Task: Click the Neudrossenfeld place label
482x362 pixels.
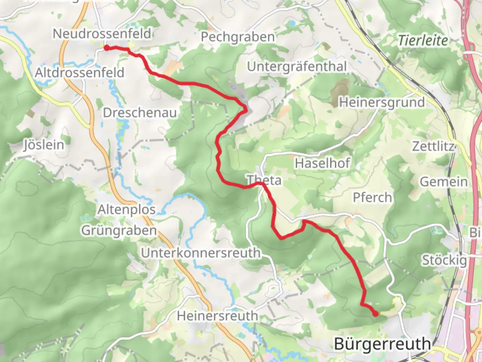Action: (x=102, y=34)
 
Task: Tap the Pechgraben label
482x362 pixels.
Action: (x=238, y=37)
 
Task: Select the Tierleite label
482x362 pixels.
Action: (x=423, y=41)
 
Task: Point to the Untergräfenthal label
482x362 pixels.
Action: (x=297, y=67)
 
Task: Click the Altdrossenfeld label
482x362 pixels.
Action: (x=79, y=72)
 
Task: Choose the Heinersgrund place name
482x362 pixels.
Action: (x=382, y=102)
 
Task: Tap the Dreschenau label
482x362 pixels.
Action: (x=140, y=113)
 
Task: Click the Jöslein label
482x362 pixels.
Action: (x=44, y=145)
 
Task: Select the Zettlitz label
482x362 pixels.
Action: (x=433, y=146)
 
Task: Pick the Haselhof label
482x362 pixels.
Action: (x=322, y=164)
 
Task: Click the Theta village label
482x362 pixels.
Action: (x=264, y=180)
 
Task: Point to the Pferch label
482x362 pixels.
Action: (x=372, y=197)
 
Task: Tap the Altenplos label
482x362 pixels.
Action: (x=127, y=210)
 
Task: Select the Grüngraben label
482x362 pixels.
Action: (x=119, y=231)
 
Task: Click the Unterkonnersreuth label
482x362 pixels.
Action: (x=200, y=253)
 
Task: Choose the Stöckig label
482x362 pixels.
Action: (x=444, y=260)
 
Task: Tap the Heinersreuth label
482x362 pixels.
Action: (x=217, y=316)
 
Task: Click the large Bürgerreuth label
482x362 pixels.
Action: (x=382, y=344)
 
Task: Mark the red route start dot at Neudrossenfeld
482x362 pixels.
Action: (x=106, y=48)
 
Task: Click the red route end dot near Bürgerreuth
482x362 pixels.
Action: (x=376, y=314)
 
